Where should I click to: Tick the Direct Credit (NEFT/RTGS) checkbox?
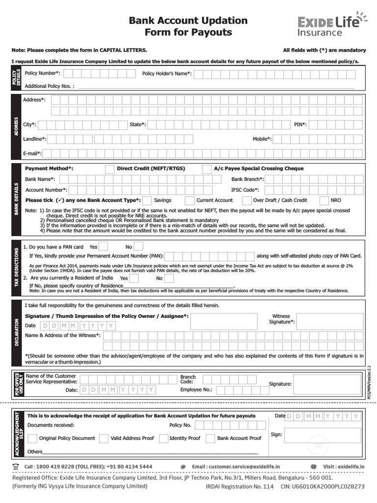point(110,168)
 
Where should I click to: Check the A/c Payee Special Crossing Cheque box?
point(207,168)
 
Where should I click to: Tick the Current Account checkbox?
point(189,200)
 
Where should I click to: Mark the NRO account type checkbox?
point(323,200)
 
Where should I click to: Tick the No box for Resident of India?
point(169,279)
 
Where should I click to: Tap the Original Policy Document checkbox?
point(32,438)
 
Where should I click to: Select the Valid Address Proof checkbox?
point(104,438)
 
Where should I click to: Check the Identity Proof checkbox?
point(162,438)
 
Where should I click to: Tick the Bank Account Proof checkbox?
point(210,438)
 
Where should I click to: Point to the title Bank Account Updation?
point(188,21)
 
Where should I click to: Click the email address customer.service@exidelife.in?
point(236,466)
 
